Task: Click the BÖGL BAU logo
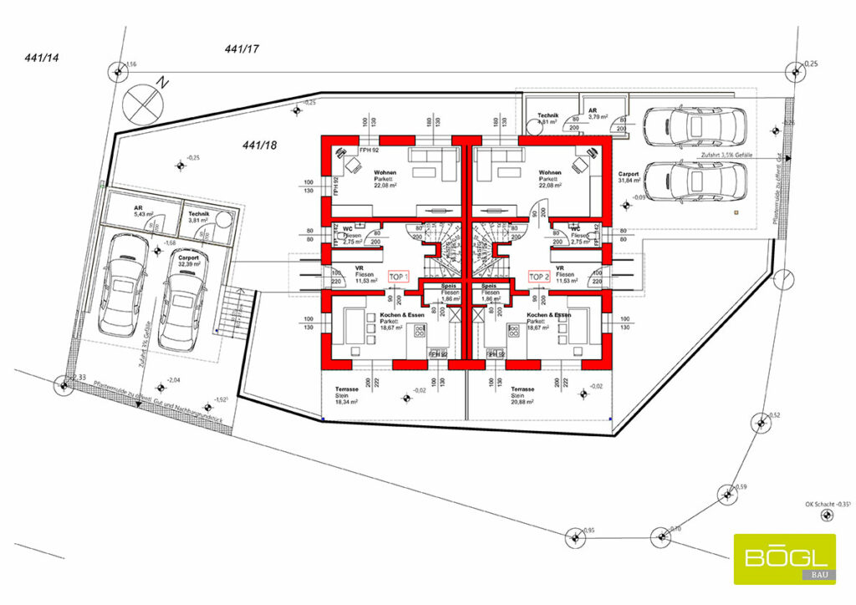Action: [x=784, y=558]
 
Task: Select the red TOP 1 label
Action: [x=397, y=276]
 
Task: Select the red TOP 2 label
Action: [x=540, y=276]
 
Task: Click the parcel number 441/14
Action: [x=41, y=58]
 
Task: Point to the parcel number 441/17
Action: [x=242, y=50]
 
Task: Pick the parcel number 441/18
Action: [x=260, y=145]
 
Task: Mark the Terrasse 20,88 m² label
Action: [x=523, y=395]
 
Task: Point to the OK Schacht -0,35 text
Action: [x=827, y=504]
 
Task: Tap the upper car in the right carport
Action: [x=693, y=125]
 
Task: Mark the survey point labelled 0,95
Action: [x=574, y=536]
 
